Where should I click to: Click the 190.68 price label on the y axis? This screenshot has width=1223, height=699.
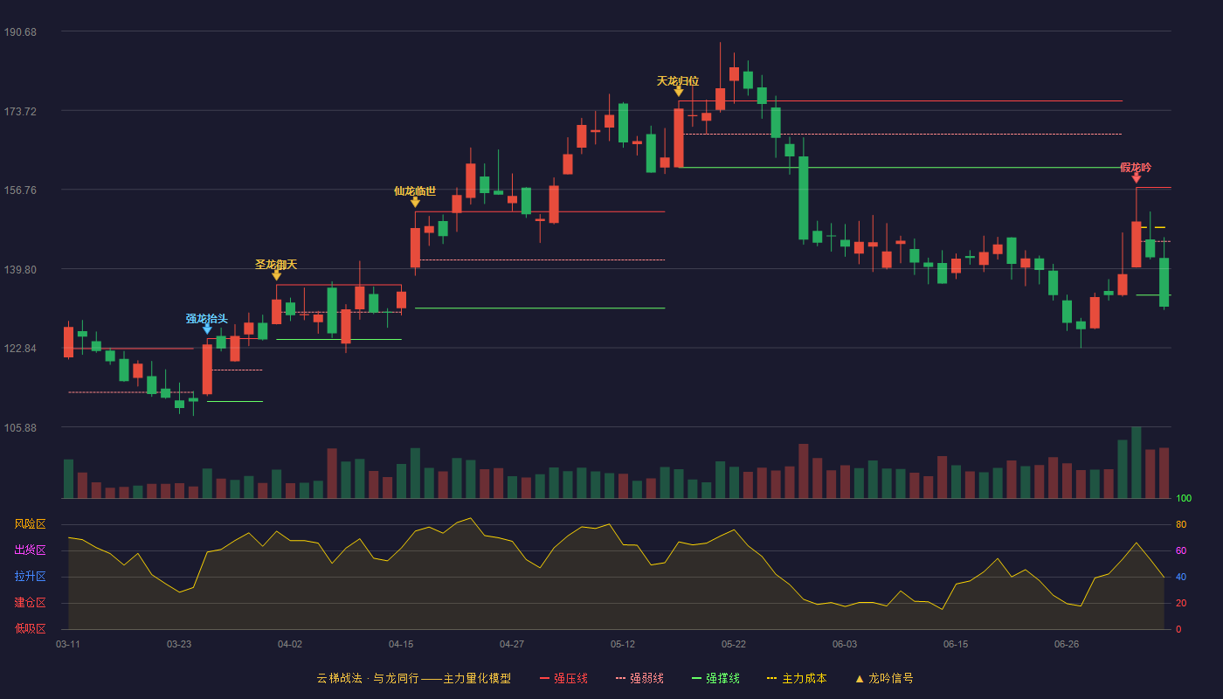tap(20, 32)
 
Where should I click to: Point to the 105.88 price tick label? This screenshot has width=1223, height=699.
tap(20, 427)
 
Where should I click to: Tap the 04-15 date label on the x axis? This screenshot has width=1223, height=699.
tap(401, 645)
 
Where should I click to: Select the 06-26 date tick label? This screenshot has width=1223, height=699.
tap(1067, 645)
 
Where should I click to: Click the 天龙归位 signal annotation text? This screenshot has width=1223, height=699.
tap(678, 81)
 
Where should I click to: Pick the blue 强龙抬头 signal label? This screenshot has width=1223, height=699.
tap(206, 318)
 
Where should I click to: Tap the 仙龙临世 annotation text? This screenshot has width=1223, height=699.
tap(415, 191)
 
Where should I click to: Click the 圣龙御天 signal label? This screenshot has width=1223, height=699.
tap(276, 265)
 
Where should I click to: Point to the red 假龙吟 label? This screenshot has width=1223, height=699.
tap(1136, 168)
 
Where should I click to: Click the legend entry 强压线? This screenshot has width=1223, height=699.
tap(563, 678)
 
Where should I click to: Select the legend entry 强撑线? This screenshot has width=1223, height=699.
tap(715, 678)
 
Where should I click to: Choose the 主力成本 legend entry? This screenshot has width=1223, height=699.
tap(797, 678)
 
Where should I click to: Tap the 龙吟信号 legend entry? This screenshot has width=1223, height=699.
tap(884, 678)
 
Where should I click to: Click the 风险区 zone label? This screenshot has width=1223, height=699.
tap(30, 524)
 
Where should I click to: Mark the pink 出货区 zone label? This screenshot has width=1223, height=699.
tap(30, 550)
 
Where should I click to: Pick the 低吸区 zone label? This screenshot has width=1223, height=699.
tap(30, 628)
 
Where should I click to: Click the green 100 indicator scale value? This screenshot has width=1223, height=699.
tap(1184, 498)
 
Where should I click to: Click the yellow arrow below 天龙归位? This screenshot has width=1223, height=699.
tap(679, 92)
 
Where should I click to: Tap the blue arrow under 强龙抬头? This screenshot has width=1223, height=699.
tap(207, 329)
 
